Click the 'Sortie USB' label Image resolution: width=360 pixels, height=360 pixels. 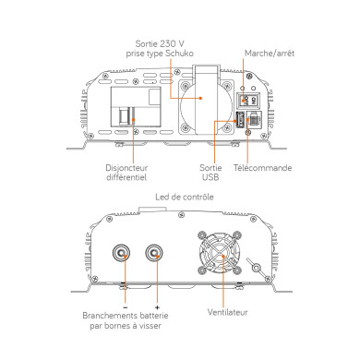pos(211,173)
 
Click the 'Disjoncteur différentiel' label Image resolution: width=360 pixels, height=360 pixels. pos(126,173)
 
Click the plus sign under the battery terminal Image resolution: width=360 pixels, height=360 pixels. pos(158,306)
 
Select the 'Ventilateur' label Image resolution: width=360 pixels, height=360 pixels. pos(228,312)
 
